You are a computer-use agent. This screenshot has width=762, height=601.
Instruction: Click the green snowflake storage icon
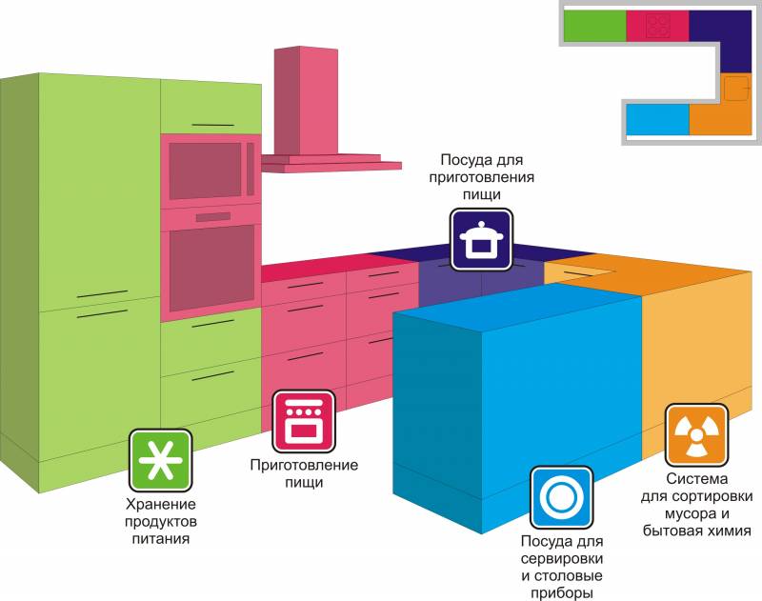(x=160, y=460)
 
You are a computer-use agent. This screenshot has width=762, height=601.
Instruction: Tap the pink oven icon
(x=304, y=421)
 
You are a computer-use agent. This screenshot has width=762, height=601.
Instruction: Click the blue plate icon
(x=561, y=497)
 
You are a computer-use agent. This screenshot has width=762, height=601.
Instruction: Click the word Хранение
(x=160, y=504)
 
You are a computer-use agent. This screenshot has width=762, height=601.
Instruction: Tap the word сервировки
(x=561, y=558)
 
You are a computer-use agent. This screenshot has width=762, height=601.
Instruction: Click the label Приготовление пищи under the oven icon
(x=304, y=473)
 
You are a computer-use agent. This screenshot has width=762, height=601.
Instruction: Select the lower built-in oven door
(x=211, y=270)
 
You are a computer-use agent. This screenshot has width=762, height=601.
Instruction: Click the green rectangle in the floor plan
(x=594, y=26)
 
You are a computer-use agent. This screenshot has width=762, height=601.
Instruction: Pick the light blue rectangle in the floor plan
(x=657, y=120)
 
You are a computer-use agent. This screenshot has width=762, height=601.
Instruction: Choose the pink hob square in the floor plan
(x=657, y=26)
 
